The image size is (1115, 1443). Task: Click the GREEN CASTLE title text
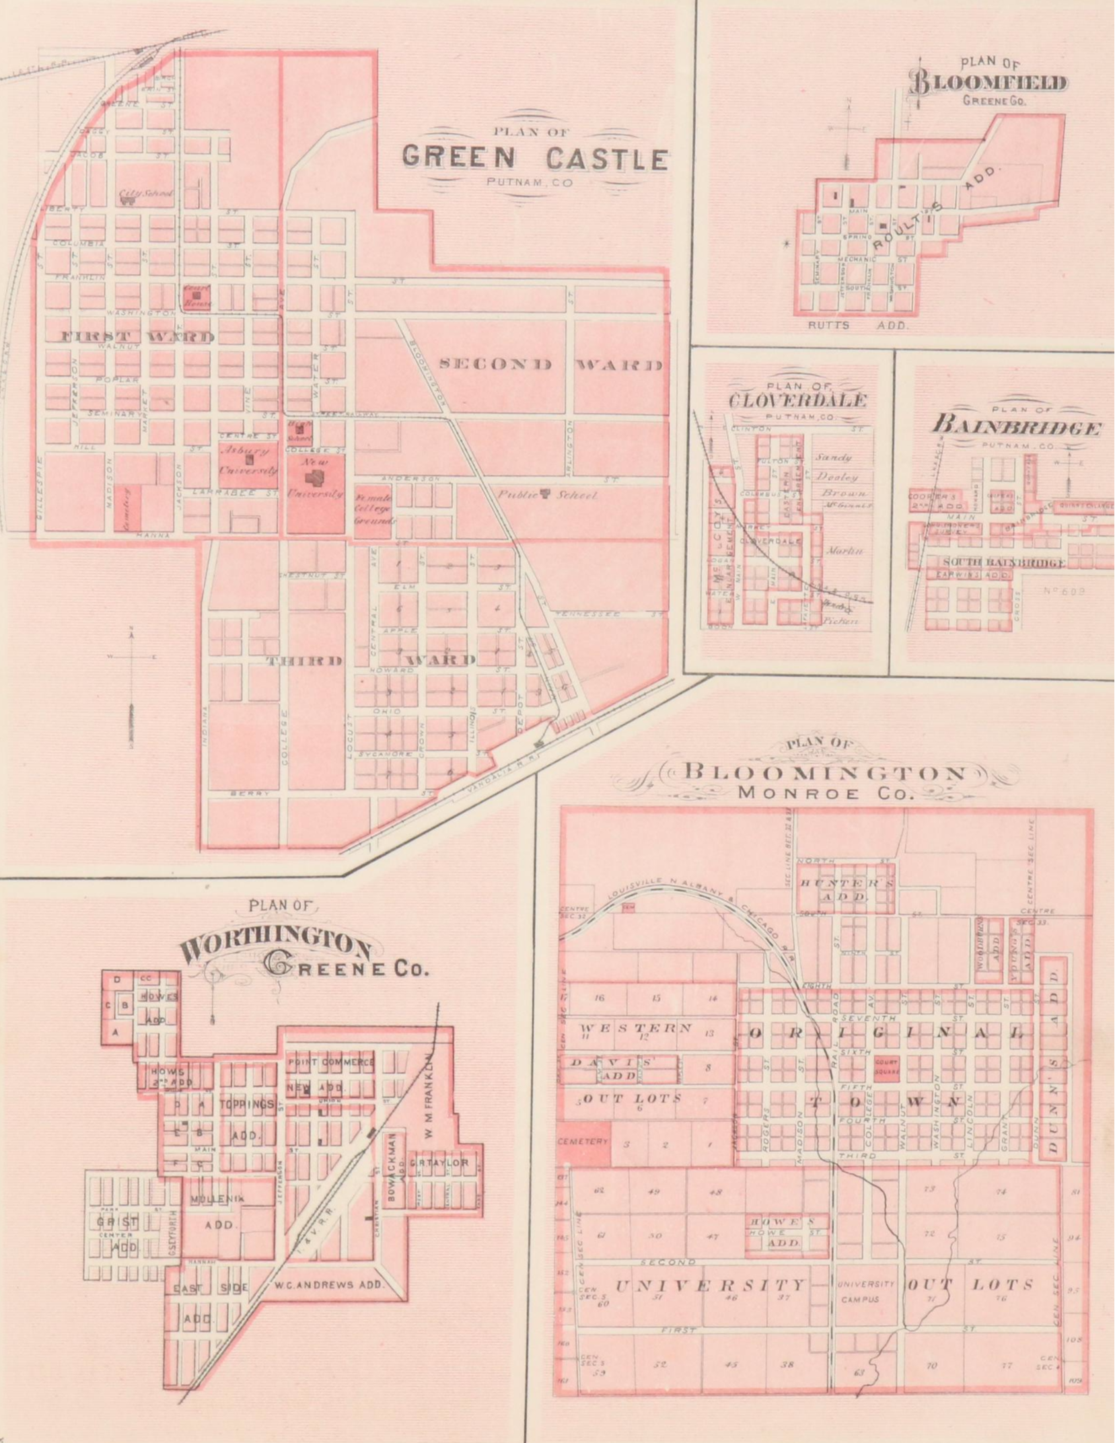(x=535, y=158)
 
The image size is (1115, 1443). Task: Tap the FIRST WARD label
(x=138, y=336)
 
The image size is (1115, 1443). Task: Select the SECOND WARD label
(x=550, y=365)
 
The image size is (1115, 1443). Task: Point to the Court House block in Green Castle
(x=196, y=297)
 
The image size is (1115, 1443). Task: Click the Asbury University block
(x=248, y=461)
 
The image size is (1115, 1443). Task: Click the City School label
(x=145, y=194)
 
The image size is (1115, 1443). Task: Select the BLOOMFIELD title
(x=988, y=84)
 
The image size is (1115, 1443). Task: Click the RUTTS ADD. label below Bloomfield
(x=859, y=325)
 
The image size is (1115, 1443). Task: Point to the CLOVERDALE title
(x=797, y=400)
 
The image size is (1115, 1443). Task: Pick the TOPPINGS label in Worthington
(x=246, y=1104)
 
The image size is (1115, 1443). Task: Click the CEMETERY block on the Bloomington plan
(x=583, y=1141)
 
